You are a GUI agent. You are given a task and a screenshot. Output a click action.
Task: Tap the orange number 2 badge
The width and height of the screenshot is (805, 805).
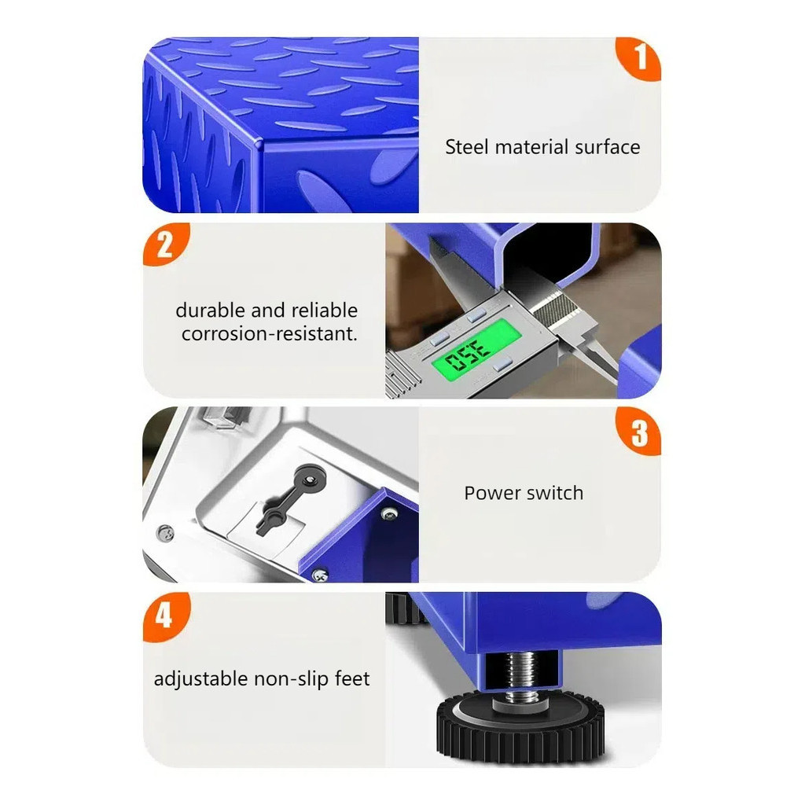pos(165,244)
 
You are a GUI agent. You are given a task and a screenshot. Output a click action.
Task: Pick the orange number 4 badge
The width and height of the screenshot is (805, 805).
pos(165,615)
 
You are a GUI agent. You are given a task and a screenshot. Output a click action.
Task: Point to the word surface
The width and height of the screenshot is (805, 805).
pos(608,147)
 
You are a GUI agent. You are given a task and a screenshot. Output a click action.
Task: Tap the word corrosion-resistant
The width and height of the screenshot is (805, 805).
pos(269,333)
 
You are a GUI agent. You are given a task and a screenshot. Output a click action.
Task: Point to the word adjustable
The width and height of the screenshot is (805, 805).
pos(200,679)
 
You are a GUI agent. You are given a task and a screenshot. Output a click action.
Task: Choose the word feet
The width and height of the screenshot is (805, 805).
pos(352,678)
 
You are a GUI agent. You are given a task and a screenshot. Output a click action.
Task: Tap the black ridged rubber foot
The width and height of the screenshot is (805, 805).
pos(520,726)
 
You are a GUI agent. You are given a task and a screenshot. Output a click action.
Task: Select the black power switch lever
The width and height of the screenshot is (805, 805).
pos(288,496)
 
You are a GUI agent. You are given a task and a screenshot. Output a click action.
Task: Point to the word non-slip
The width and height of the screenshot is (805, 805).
pos(291,678)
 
